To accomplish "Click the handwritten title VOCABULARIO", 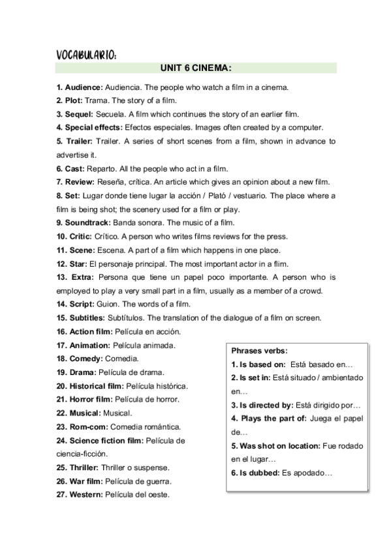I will [87, 55].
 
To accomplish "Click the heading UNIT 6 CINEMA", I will [196, 67].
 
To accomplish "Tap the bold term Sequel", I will [80, 114].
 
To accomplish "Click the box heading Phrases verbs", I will [260, 351].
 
